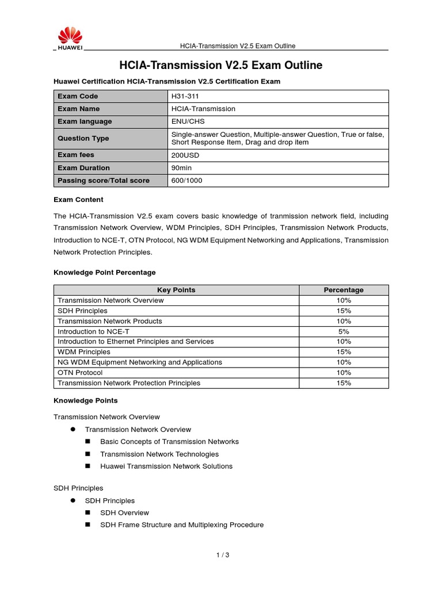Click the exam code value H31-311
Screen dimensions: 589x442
[x=185, y=96]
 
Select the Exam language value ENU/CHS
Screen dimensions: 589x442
[x=188, y=121]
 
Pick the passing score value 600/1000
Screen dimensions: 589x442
[x=186, y=181]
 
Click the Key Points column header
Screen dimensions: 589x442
[x=176, y=290]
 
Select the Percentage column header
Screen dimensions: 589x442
[x=344, y=290]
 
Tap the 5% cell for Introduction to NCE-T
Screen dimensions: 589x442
[x=344, y=331]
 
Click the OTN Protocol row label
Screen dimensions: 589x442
[x=80, y=373]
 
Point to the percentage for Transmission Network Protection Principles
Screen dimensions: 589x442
[x=344, y=383]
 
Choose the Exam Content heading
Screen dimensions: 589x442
[x=78, y=200]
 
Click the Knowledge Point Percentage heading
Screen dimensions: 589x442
[x=104, y=272]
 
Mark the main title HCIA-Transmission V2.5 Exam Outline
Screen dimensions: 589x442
[x=220, y=65]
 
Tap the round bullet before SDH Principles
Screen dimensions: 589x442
[x=73, y=500]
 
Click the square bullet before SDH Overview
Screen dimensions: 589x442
[x=88, y=512]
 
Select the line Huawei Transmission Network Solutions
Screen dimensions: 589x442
[x=166, y=466]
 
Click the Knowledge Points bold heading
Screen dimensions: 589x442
[x=85, y=400]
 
